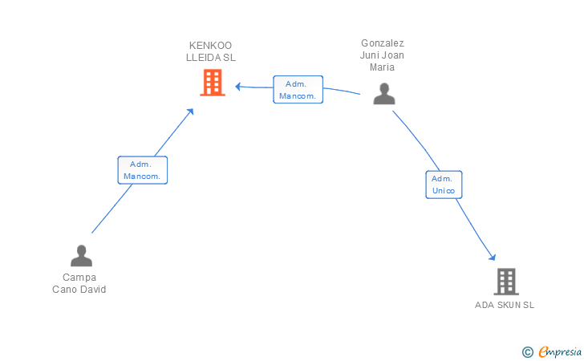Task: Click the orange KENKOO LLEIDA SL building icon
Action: point(213,83)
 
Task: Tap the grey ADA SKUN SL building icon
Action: point(506,282)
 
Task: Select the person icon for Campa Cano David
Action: point(81,256)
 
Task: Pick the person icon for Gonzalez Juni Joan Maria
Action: point(384,94)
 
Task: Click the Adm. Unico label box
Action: point(444,185)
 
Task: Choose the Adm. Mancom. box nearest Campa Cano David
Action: point(143,170)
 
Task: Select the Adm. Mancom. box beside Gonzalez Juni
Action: point(298,89)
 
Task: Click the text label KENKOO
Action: point(210,46)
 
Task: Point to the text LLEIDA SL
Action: point(211,58)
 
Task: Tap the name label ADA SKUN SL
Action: point(505,305)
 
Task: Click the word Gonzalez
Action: point(383,43)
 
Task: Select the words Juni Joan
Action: point(382,55)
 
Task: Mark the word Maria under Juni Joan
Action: point(382,67)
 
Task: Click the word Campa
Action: point(79,278)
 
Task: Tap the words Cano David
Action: point(79,289)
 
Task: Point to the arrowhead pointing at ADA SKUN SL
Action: point(493,257)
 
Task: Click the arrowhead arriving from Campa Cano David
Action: point(190,112)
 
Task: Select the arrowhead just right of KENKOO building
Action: point(238,87)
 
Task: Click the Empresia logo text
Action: point(560,351)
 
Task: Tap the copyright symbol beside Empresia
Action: point(528,352)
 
